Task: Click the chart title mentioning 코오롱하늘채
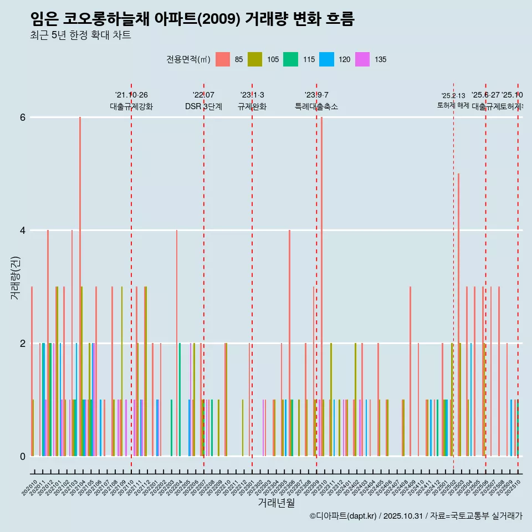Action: click(x=192, y=19)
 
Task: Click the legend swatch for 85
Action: click(x=223, y=59)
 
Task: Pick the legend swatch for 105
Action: click(x=255, y=59)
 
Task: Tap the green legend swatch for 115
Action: click(x=290, y=59)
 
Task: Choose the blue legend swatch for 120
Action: click(x=326, y=59)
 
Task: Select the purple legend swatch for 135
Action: click(x=362, y=59)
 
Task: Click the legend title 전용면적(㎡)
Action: click(x=188, y=59)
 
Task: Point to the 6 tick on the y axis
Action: click(x=23, y=117)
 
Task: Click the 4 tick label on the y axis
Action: click(x=23, y=231)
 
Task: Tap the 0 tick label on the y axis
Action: click(x=23, y=457)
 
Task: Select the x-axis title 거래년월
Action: click(x=276, y=503)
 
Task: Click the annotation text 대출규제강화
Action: click(x=131, y=106)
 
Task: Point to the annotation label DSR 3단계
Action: click(x=203, y=106)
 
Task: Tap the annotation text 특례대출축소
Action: click(x=316, y=106)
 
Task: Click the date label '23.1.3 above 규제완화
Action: click(x=252, y=95)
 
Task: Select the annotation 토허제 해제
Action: click(x=453, y=105)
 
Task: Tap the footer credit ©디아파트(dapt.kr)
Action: click(x=343, y=516)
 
